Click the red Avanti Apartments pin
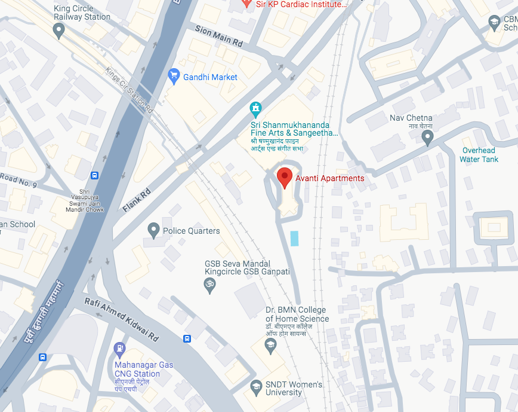pyautogui.click(x=285, y=177)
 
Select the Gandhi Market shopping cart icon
pyautogui.click(x=174, y=76)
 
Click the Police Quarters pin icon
pyautogui.click(x=154, y=230)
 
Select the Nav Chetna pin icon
pyautogui.click(x=427, y=138)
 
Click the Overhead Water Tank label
pyautogui.click(x=479, y=155)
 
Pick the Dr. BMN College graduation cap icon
pyautogui.click(x=270, y=344)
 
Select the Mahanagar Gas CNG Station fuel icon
pyautogui.click(x=119, y=348)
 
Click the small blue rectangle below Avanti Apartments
pyautogui.click(x=294, y=238)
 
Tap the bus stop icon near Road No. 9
pyautogui.click(x=94, y=175)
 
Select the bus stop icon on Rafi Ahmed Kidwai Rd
pyautogui.click(x=187, y=338)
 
